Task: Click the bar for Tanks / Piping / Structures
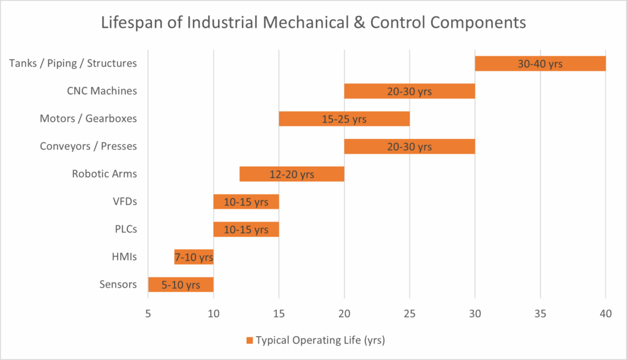540,64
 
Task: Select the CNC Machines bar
409,91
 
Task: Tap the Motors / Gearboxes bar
344,119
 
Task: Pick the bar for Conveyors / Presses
409,146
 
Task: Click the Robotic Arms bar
291,174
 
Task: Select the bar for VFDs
246,201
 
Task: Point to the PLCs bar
246,229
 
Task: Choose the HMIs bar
193,257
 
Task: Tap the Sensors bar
181,284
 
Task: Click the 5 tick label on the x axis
148,312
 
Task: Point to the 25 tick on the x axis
410,312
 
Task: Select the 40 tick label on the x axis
606,312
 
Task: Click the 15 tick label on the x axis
279,312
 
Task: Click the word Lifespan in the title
132,23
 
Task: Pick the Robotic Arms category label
104,174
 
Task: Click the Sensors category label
118,284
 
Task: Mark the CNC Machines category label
102,91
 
